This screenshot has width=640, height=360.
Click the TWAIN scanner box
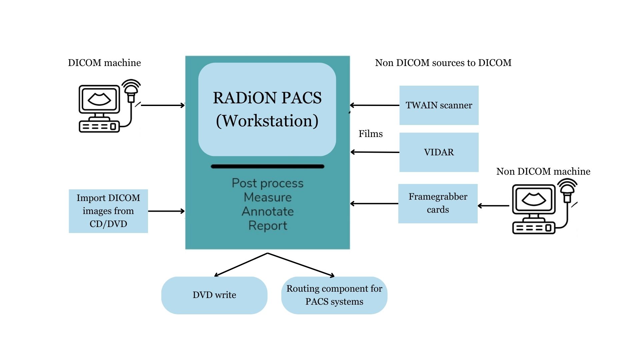coord(439,105)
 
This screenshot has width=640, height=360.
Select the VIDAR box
coord(439,152)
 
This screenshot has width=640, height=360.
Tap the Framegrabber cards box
coord(438,203)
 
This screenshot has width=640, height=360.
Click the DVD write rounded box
coord(214,295)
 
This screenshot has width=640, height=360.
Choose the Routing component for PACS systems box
coord(334,295)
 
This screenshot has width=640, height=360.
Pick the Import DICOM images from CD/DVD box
coord(108,211)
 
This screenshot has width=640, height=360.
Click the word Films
coord(370,134)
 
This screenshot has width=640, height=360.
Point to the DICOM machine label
coord(104,63)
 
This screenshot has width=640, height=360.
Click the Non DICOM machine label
coord(543,171)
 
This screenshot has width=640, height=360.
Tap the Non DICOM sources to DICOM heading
coord(443,63)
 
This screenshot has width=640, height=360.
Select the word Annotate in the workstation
coord(268,211)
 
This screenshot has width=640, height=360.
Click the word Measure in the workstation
coord(268,197)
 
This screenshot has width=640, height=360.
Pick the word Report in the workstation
coord(268,226)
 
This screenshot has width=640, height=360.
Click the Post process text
coord(268,183)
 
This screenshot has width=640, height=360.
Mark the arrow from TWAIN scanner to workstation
coord(374,105)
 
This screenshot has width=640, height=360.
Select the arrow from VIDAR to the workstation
coord(375,152)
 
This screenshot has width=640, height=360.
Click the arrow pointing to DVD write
coord(241,265)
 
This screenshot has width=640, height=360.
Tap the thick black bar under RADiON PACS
coord(267,166)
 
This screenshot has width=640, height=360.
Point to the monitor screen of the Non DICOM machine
coord(533,200)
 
